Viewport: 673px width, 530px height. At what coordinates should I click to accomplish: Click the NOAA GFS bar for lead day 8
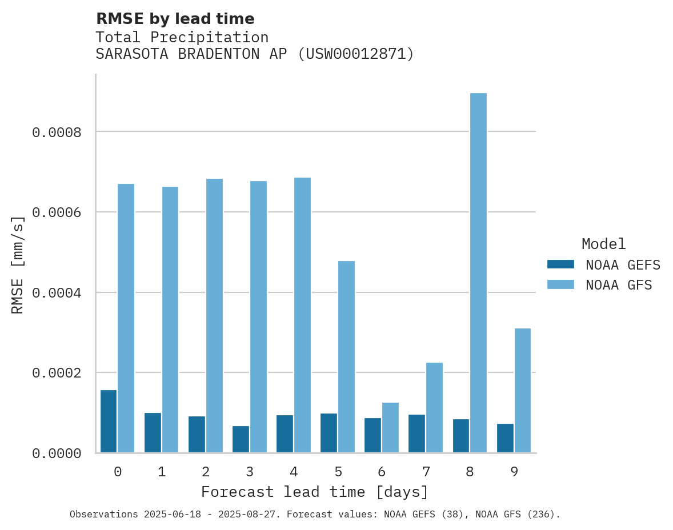(x=478, y=273)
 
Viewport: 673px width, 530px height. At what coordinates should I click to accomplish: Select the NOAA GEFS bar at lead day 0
(x=109, y=421)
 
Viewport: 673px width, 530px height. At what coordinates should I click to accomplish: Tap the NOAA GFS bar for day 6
(x=390, y=428)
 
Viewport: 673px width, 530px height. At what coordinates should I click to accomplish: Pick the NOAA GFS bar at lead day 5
(x=346, y=357)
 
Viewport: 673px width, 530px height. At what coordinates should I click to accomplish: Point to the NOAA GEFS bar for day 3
(x=241, y=439)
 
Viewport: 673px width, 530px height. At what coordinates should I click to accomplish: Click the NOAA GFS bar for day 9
(x=522, y=391)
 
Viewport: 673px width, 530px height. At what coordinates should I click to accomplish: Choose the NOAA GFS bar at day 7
(x=434, y=408)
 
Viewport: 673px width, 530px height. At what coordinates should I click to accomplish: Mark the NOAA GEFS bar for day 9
(x=505, y=438)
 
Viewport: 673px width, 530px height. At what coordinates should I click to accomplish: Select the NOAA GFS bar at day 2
(x=214, y=316)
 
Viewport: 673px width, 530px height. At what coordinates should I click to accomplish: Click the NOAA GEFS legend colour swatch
(x=560, y=264)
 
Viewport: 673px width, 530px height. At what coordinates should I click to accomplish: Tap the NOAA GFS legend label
(x=619, y=285)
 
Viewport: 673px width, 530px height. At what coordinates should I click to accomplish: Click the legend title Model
(x=604, y=244)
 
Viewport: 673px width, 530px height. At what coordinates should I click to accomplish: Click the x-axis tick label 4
(x=294, y=472)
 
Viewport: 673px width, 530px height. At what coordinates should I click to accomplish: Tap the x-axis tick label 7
(x=426, y=472)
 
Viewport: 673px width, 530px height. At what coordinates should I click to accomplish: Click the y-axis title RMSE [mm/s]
(x=18, y=264)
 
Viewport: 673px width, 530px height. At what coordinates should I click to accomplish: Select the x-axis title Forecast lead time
(x=314, y=492)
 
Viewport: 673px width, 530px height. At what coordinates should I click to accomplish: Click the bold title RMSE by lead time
(x=175, y=19)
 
